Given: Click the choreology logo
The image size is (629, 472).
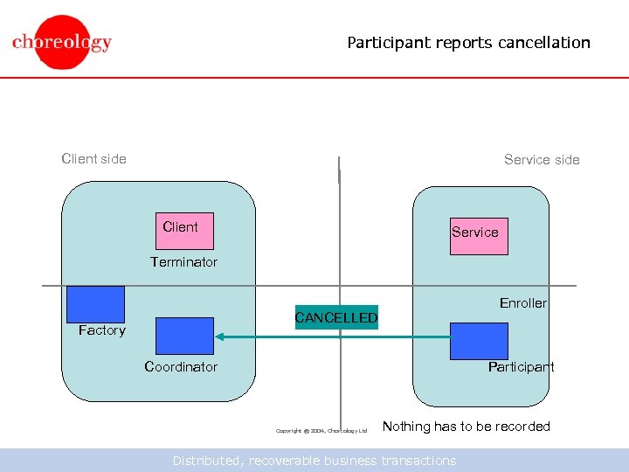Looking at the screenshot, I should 62,42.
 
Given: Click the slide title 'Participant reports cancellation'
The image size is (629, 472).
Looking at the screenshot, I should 468,43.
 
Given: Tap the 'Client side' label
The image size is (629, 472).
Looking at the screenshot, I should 93,158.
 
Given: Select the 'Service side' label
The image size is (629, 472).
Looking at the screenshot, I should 542,159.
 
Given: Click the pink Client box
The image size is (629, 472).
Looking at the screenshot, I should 183,231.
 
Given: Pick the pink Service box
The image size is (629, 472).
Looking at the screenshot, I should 478,236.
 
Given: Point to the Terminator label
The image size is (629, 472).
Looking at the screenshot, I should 183,262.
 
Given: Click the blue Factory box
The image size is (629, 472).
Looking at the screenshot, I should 95,304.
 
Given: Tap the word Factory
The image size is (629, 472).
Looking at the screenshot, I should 101,330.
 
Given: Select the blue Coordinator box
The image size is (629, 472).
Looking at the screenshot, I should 183,336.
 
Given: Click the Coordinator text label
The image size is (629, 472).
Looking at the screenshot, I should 181,367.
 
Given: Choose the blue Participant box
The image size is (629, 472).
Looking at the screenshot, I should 478,341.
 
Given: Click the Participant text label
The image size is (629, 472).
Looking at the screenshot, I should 521,367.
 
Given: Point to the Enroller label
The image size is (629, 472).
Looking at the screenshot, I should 522,303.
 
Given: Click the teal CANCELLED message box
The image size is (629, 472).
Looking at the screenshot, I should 336,317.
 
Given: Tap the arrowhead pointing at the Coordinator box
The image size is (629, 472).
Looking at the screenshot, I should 221,337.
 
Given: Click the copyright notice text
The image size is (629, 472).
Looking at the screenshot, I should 321,430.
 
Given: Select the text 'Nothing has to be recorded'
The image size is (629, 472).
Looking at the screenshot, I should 466,427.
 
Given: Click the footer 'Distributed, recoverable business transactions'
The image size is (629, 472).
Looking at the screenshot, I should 314,461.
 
